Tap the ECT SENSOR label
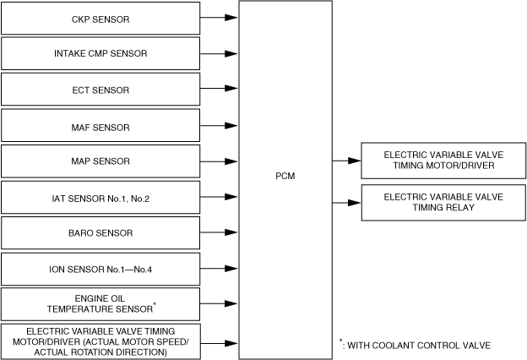coord(101,90)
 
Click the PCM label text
coord(285,176)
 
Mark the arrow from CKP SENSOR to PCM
coord(219,17)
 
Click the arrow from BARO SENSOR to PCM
coord(219,232)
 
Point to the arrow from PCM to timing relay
coord(347,203)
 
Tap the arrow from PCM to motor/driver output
coord(347,161)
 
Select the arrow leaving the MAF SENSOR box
coord(219,126)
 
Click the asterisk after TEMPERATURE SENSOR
coord(155,304)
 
